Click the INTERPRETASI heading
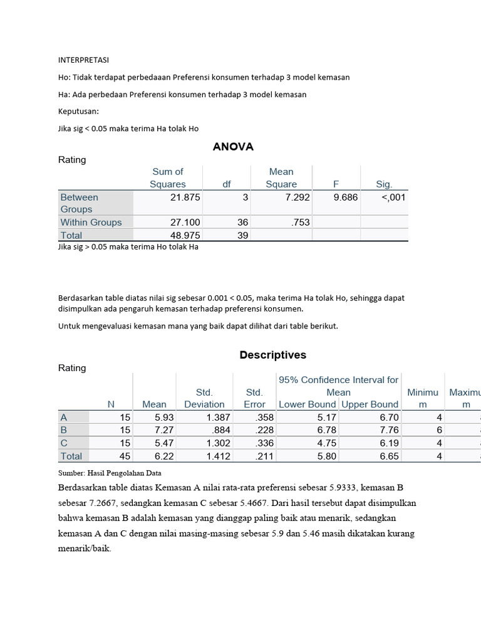tap(84, 60)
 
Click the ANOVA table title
tap(233, 147)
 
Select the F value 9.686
tap(345, 197)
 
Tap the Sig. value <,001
tap(393, 197)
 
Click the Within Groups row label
tap(91, 222)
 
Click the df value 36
tap(243, 222)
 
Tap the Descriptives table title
tap(272, 355)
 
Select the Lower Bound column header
tap(308, 404)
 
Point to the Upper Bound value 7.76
tap(386, 430)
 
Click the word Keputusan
tap(79, 111)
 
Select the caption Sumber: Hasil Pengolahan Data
tap(110, 473)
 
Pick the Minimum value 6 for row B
tap(439, 430)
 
